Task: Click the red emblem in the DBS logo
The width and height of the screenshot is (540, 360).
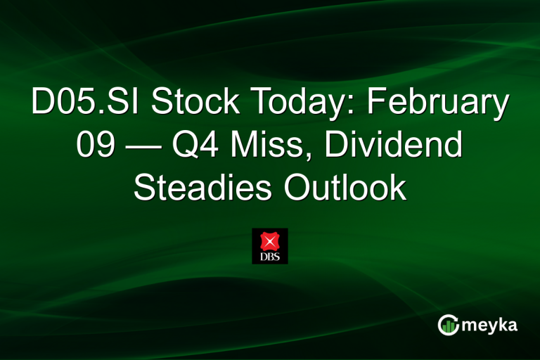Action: click(x=270, y=241)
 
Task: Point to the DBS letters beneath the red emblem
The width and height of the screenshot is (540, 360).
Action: click(x=270, y=257)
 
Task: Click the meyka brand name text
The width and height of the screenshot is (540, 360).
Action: click(x=491, y=325)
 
